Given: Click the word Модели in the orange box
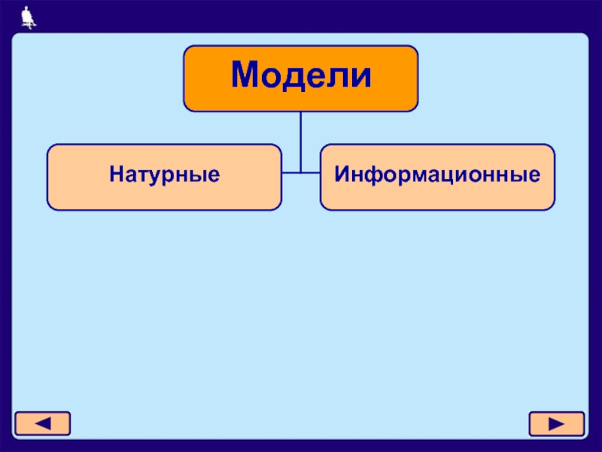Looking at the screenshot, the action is tap(301, 77).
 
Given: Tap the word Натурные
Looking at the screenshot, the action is tap(165, 176).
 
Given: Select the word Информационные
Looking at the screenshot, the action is tap(437, 176).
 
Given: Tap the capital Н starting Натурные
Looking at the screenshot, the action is tap(115, 176).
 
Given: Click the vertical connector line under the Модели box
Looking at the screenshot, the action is tap(301, 136).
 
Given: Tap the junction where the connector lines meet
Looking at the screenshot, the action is tap(301, 173).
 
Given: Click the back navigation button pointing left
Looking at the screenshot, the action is tap(43, 423).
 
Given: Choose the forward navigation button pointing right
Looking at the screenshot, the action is tap(556, 424).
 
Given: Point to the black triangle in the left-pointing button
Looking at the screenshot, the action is tap(43, 423).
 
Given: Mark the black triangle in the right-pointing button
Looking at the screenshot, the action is tap(556, 424).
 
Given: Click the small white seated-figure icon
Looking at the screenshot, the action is tap(28, 16).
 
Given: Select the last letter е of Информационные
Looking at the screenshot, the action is tap(535, 178).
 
